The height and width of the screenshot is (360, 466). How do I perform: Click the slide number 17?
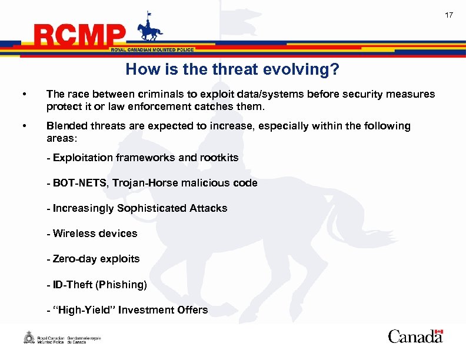[x=449, y=15]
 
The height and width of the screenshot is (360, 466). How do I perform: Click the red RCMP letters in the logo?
[x=80, y=36]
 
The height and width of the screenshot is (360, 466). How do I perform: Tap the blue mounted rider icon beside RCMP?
[x=149, y=29]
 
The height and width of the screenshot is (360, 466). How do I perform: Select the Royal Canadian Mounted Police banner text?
[x=152, y=50]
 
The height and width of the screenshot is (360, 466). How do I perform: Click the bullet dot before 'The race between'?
[x=24, y=95]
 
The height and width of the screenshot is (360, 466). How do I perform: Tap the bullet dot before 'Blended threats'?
[x=24, y=126]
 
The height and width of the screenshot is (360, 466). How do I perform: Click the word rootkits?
[x=219, y=158]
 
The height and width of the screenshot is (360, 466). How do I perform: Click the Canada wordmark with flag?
[x=415, y=336]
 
